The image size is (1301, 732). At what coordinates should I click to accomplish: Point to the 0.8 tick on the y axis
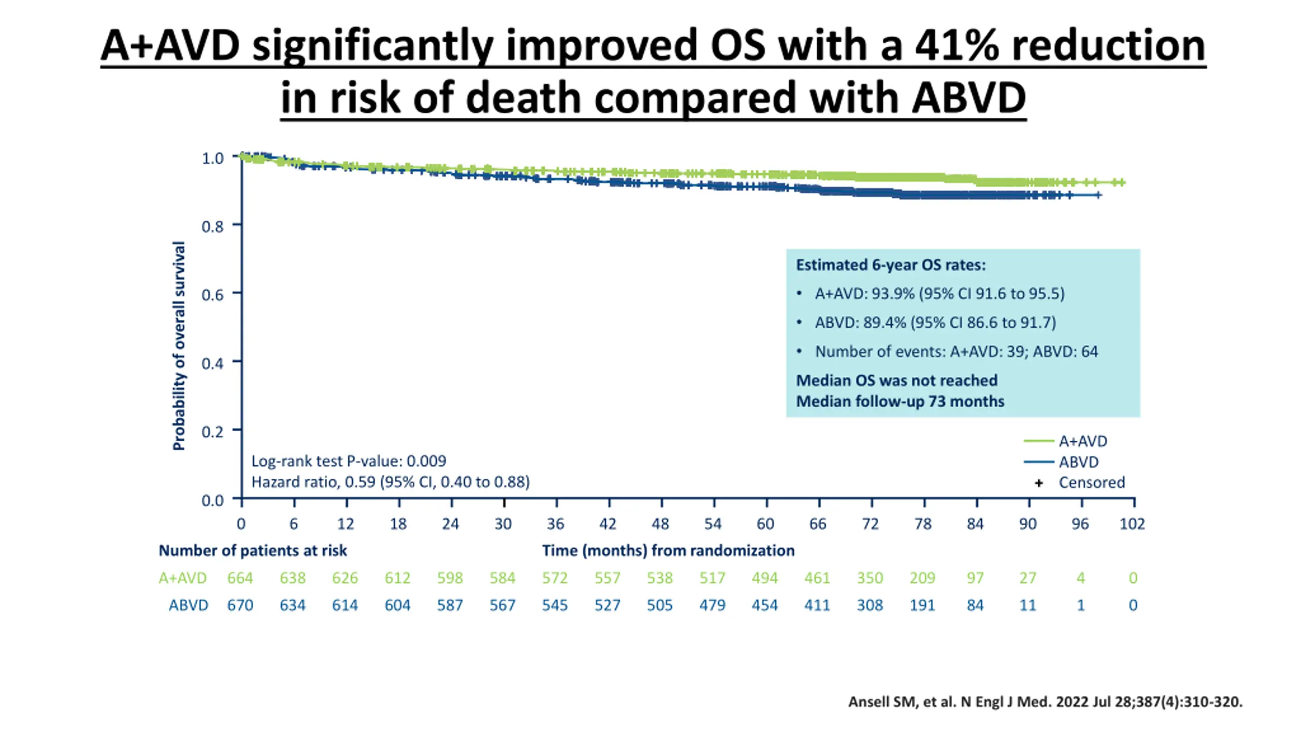coord(212,226)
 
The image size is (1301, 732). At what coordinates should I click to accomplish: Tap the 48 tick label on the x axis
coord(660,524)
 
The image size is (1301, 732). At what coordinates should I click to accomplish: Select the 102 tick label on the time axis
coord(1132,524)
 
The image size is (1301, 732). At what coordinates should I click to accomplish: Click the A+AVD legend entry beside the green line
coord(1082,441)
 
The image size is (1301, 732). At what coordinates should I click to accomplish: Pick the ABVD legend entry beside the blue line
coord(1078,462)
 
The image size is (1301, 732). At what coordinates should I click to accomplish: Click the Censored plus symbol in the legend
coord(1039,483)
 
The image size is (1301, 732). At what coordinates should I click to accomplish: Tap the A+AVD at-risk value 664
coord(240,578)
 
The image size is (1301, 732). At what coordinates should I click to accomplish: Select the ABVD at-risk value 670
coord(240,605)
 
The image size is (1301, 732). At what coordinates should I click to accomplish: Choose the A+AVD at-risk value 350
coord(870,578)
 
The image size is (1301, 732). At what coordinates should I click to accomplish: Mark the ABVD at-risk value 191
coord(922,605)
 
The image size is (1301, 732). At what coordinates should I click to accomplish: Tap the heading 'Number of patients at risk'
coord(253,551)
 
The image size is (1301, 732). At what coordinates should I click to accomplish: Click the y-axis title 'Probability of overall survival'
coord(179,346)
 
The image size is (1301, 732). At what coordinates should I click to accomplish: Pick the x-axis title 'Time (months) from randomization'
coord(668,551)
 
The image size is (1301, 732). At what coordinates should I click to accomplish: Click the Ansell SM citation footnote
coord(1045,702)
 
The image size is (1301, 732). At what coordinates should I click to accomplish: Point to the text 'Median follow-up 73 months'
coord(900,402)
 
